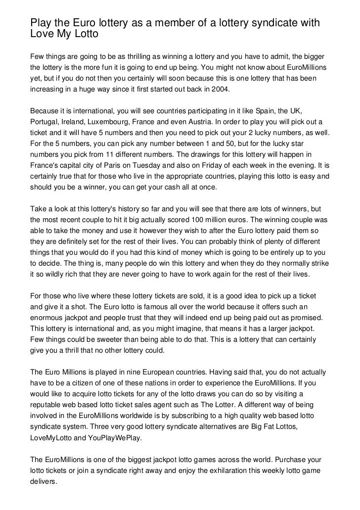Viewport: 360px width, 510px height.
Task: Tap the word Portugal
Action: tap(44, 122)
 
